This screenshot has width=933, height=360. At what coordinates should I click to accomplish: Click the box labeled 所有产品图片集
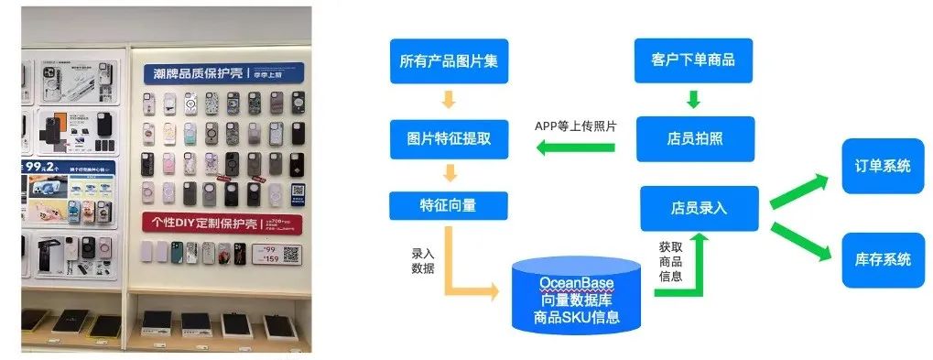(448, 61)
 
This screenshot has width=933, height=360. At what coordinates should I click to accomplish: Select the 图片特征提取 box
(448, 139)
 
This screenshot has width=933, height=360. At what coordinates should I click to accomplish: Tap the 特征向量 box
(448, 205)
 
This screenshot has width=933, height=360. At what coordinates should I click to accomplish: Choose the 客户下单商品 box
(693, 61)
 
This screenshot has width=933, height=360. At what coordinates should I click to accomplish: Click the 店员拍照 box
(693, 139)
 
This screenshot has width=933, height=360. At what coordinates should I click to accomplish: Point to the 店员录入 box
(698, 209)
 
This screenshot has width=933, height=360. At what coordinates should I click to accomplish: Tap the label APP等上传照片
(575, 125)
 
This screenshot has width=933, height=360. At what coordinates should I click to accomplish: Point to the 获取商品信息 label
(670, 261)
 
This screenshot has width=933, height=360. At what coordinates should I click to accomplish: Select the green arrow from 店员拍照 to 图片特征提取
(575, 146)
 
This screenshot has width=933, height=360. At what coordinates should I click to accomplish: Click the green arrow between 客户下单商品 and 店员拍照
(693, 98)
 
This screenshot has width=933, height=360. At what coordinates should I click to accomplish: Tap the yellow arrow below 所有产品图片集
(448, 99)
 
